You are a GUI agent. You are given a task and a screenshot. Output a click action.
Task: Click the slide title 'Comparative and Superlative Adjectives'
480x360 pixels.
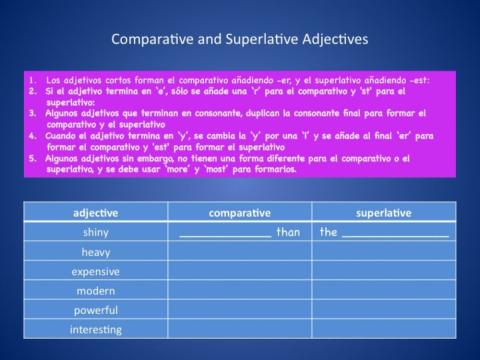tap(240, 40)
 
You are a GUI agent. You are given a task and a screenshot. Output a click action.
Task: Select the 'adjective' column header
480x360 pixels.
tap(96, 213)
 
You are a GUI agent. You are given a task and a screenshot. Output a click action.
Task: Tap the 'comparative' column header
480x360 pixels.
tap(239, 213)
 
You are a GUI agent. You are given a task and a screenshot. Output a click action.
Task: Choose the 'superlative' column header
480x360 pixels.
tap(383, 213)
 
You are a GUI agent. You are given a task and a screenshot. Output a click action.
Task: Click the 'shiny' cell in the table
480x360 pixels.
tap(96, 232)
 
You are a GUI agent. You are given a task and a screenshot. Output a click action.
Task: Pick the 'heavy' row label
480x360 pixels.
tap(96, 252)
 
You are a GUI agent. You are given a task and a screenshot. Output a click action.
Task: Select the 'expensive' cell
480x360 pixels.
tap(96, 271)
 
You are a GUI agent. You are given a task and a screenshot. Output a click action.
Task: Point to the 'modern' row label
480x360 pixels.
tap(96, 290)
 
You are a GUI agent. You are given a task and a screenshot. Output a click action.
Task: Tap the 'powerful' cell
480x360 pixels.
tap(96, 310)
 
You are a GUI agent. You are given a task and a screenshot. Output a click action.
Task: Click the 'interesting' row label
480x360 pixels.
tap(96, 329)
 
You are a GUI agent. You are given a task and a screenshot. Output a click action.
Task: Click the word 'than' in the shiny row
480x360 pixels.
tap(288, 232)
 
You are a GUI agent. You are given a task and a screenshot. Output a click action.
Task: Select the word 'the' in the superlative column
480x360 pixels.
tap(328, 232)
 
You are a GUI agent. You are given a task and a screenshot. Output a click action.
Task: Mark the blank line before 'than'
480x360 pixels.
tap(225, 235)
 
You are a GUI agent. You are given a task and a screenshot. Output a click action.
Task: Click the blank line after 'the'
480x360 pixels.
tap(394, 235)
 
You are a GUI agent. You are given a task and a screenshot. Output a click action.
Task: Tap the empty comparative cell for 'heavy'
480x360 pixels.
tap(239, 252)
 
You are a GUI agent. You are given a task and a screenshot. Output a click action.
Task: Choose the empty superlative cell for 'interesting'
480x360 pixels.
tap(383, 329)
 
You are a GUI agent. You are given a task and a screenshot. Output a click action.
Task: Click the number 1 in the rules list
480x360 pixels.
tap(32, 79)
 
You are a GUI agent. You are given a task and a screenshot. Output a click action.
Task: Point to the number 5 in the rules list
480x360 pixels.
tap(32, 157)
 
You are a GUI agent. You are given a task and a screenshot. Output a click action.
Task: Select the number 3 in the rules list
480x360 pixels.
tap(32, 113)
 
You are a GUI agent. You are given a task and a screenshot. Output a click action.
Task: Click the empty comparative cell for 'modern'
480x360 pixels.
tap(239, 290)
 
